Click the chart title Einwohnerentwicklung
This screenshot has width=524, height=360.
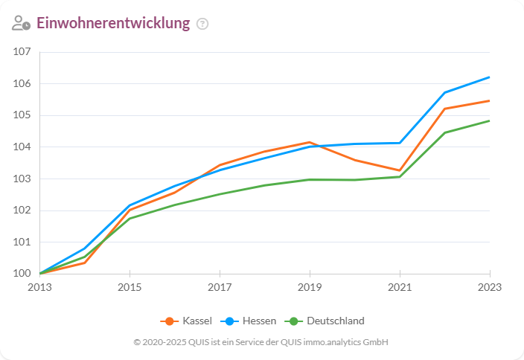(x=113, y=23)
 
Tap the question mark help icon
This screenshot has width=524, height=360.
(x=202, y=24)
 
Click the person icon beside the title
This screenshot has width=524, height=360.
(x=21, y=23)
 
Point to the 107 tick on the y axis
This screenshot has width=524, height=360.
(x=22, y=52)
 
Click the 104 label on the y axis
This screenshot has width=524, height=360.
(x=22, y=147)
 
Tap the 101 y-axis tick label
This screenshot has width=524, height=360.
(x=22, y=242)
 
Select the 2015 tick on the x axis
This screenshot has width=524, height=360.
(x=130, y=287)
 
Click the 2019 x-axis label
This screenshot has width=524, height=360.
(x=310, y=287)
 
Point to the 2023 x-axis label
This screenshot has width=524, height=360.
(x=489, y=287)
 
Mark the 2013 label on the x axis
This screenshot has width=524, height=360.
(x=39, y=287)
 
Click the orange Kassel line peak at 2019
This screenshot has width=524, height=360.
(x=310, y=142)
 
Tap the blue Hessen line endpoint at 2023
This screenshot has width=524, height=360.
(x=489, y=77)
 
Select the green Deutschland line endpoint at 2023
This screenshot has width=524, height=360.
(x=489, y=120)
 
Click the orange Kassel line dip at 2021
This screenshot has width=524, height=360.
(x=400, y=170)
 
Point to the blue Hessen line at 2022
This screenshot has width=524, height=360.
(x=444, y=92)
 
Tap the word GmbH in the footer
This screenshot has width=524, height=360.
(x=377, y=342)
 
